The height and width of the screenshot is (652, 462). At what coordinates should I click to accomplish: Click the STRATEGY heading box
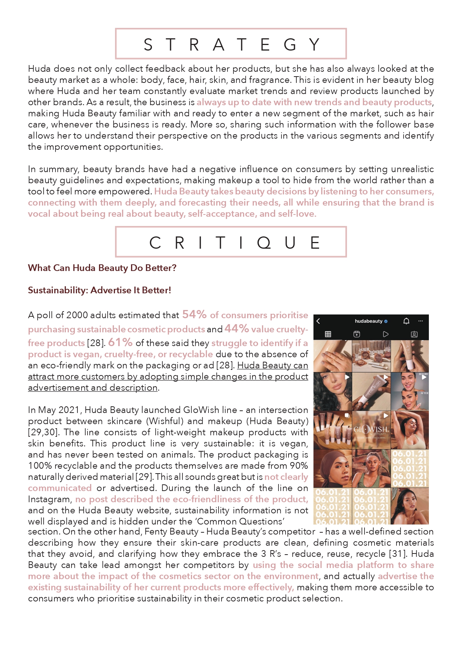click(x=231, y=44)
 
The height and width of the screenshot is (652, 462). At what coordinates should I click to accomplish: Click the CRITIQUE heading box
click(x=231, y=242)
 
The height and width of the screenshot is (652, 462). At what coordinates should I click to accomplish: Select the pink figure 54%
click(x=194, y=315)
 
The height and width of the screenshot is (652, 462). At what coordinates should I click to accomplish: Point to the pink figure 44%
click(x=236, y=329)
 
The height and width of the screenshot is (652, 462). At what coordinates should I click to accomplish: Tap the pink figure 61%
click(x=120, y=342)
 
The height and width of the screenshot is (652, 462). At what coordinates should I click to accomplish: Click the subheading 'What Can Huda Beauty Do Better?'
click(x=102, y=268)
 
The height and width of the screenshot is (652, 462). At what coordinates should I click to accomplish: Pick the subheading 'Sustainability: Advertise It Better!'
click(x=99, y=290)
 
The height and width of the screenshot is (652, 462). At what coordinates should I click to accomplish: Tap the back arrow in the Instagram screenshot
click(x=318, y=321)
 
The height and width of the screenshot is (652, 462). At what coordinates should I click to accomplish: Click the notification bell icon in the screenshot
click(x=406, y=321)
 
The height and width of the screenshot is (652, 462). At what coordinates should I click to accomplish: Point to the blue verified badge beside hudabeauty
click(x=386, y=321)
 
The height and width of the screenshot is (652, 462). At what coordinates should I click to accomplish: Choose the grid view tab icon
click(x=328, y=334)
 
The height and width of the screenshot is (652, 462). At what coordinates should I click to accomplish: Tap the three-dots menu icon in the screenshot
click(x=421, y=321)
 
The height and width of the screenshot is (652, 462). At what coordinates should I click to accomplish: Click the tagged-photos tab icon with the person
click(x=414, y=334)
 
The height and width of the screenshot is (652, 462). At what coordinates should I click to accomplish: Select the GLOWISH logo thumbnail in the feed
click(x=371, y=430)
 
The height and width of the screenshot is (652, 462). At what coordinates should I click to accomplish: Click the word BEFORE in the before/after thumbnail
click(x=423, y=374)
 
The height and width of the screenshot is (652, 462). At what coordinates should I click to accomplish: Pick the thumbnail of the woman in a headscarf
click(x=332, y=468)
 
